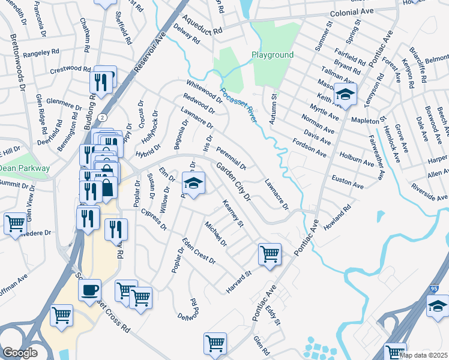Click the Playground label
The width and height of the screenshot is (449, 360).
click(273, 55)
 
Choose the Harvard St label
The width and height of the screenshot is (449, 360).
click(238, 278)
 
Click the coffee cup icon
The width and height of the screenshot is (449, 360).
click(90, 290)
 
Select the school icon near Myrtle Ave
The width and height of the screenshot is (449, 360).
click(346, 94)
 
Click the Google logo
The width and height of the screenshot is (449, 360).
click(20, 353)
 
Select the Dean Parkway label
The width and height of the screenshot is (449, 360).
click(25, 169)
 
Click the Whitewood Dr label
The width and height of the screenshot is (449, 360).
click(205, 92)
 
